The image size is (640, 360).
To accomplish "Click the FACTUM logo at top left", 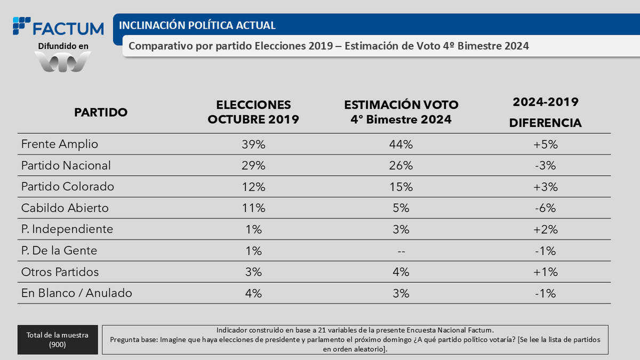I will coord(59,27).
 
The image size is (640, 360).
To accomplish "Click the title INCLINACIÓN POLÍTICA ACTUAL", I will coord(197,26).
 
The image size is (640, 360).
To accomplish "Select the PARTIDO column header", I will coord(101,113).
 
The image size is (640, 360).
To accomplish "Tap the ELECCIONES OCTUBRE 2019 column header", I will coord(253,113).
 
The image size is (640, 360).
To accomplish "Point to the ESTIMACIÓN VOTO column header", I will coord(401,113).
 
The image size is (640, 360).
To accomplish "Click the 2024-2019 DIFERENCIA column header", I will coord(545,113).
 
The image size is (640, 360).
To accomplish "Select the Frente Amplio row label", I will coord(60,144).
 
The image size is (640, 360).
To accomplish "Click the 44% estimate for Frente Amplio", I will coord(401,144).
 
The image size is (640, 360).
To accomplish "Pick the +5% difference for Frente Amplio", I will coord(545,144).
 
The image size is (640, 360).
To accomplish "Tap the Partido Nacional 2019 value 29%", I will coord(253,165).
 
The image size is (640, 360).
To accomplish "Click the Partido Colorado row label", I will coord(68,187).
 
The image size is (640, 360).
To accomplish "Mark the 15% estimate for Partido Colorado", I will coord(401,187).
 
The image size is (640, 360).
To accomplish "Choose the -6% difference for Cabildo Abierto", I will coord(545,208).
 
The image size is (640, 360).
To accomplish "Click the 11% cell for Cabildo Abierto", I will coord(253,208).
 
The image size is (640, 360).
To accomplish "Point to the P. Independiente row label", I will coord(67,229).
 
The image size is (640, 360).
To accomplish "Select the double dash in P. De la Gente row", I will coord(401,251).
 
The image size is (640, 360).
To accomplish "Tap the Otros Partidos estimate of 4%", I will coord(401,272).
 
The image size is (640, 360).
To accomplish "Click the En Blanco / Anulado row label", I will coord(77,293).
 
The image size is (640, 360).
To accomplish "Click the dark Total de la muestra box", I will coord(58,339).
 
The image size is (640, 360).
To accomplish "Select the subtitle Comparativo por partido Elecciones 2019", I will coord(329,46).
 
